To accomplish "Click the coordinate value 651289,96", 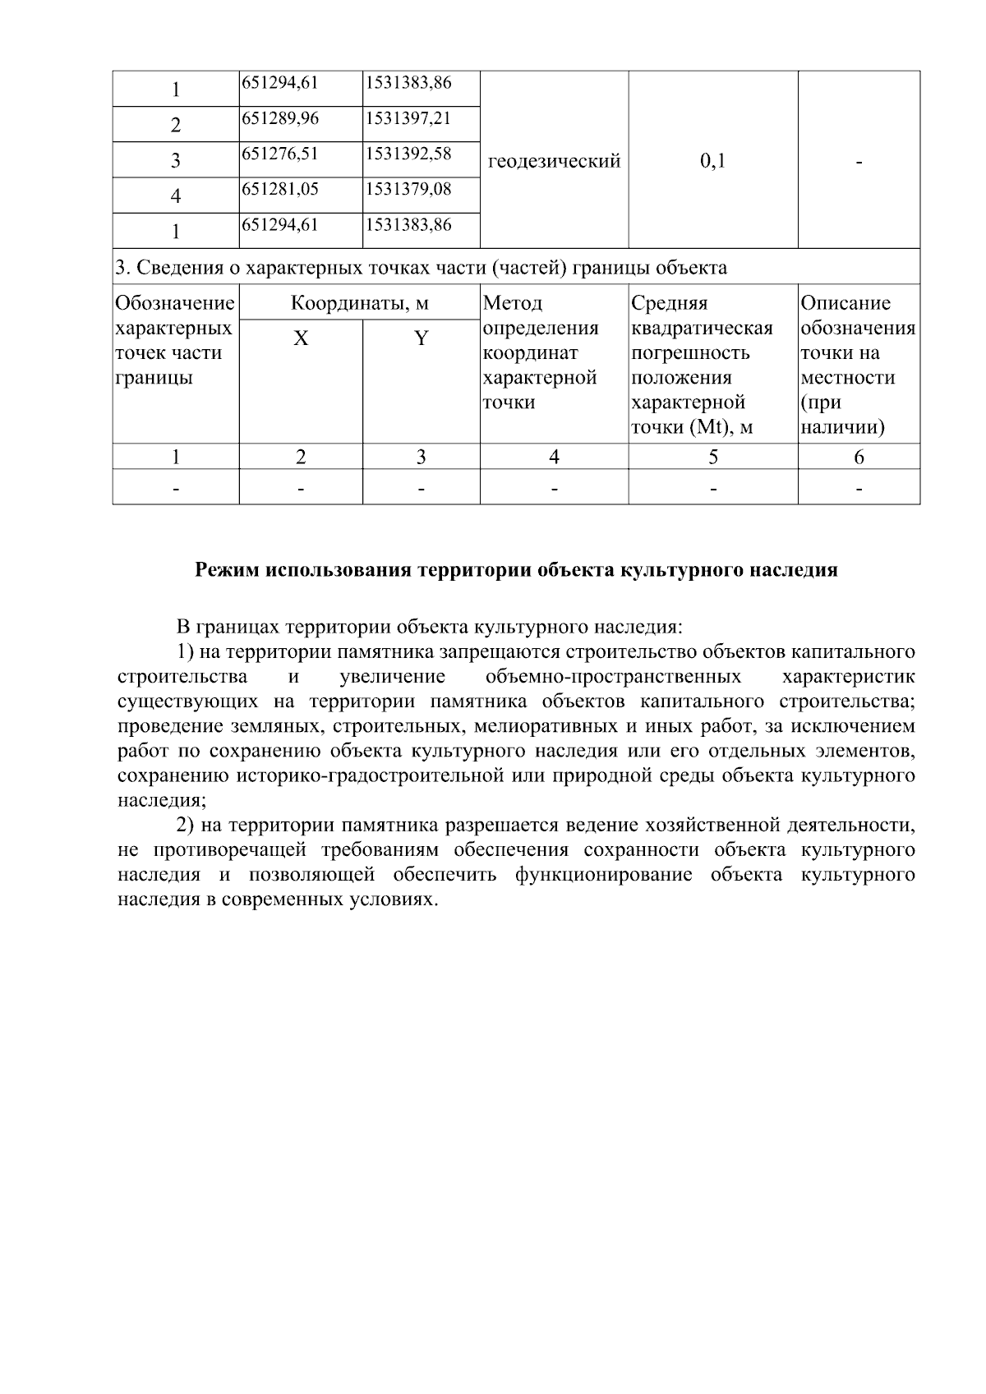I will click(x=280, y=118).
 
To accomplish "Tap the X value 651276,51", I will click(x=280, y=154).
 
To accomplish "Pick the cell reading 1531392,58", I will click(x=408, y=154).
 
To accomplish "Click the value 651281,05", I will click(x=280, y=189).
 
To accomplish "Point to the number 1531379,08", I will click(x=408, y=189).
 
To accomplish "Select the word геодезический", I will click(x=554, y=161).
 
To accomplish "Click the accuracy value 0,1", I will click(x=712, y=161).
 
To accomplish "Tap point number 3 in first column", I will click(x=175, y=161).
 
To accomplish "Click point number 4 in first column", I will click(x=175, y=196).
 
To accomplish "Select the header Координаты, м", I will click(x=359, y=303).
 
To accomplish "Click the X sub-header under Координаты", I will click(x=301, y=338).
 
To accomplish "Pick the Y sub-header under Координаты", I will click(x=421, y=338).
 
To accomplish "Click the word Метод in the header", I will click(x=513, y=303).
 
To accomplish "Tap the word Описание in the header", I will click(x=845, y=303).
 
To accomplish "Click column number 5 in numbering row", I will click(x=712, y=458).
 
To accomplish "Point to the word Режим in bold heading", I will click(x=227, y=570).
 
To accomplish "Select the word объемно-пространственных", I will click(x=613, y=677).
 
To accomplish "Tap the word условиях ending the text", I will click(x=392, y=899).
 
